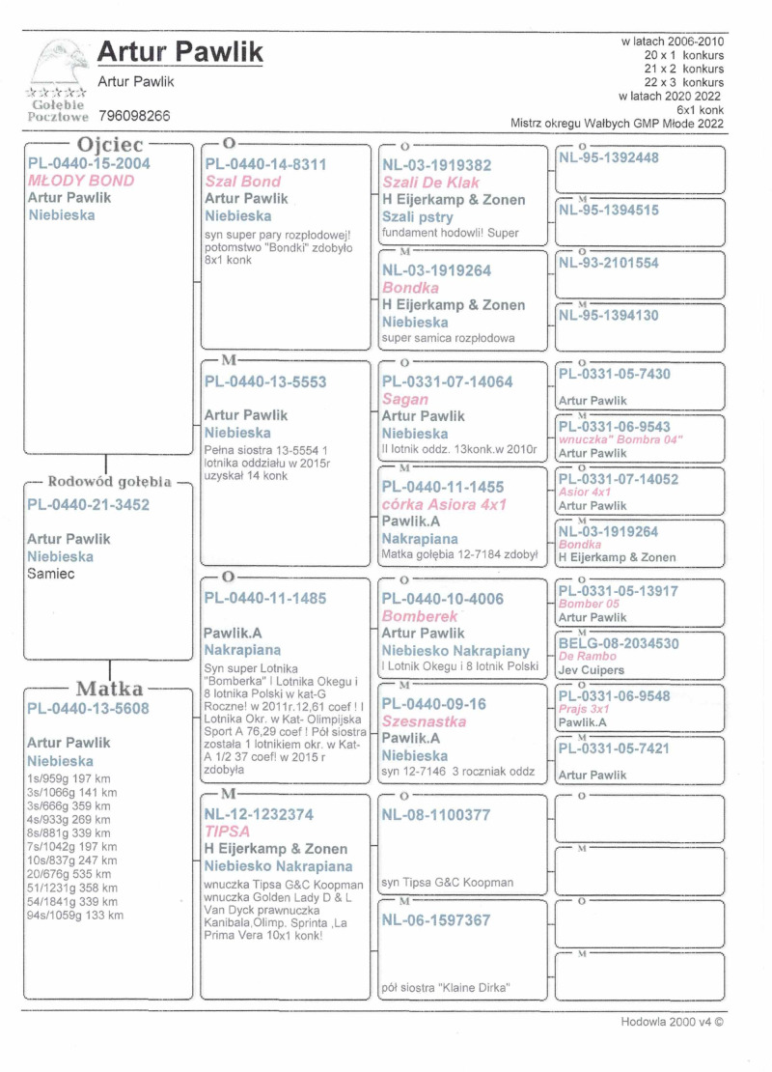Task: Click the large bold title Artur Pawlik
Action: tap(180, 53)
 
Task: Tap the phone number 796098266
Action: tap(134, 116)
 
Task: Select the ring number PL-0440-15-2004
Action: tap(89, 164)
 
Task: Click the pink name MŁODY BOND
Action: tap(81, 181)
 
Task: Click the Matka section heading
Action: tap(109, 690)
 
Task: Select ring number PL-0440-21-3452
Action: tap(89, 504)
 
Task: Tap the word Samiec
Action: tap(51, 574)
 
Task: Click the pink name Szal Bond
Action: tap(243, 182)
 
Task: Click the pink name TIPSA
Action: tap(227, 832)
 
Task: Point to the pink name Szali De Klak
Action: tap(430, 183)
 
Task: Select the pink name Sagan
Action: tap(405, 399)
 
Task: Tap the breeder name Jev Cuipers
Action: tap(592, 670)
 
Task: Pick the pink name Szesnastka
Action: tap(425, 721)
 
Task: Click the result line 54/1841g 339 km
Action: tap(72, 901)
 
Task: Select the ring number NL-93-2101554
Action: tap(609, 263)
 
